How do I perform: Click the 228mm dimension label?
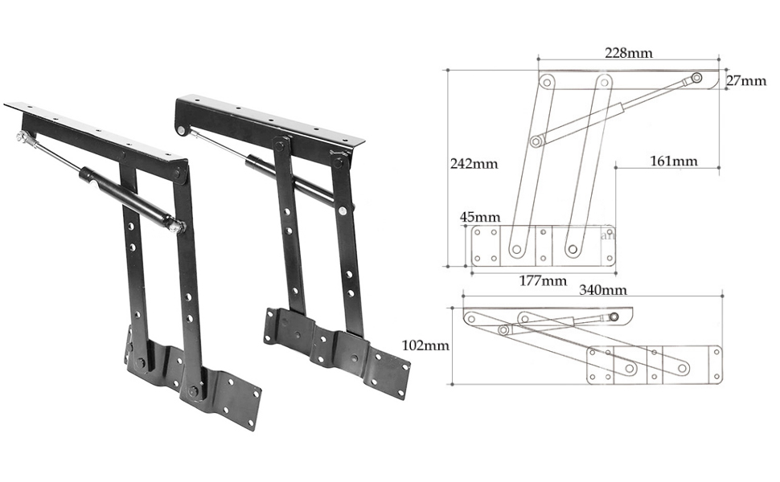click(628, 53)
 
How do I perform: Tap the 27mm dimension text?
click(746, 81)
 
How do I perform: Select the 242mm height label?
click(474, 163)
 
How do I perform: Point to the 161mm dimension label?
click(673, 161)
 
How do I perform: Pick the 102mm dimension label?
click(425, 346)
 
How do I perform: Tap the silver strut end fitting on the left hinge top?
click(20, 138)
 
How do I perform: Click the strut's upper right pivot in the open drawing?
click(695, 78)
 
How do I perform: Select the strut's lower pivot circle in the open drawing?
click(536, 141)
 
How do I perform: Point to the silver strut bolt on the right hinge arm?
click(343, 210)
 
